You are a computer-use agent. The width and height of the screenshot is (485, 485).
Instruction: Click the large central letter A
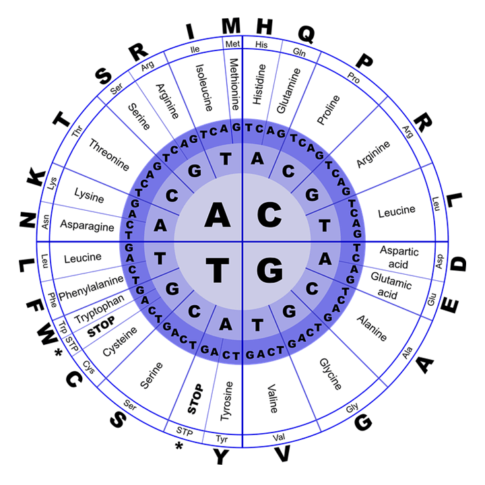[218, 215]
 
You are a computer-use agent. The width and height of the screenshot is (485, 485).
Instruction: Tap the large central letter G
[269, 271]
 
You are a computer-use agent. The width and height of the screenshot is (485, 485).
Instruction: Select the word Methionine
[235, 84]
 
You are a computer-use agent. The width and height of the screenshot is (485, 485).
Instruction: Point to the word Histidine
[259, 84]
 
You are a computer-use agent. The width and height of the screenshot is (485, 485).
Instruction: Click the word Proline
[329, 110]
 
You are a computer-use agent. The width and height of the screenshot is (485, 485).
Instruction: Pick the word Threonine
[109, 155]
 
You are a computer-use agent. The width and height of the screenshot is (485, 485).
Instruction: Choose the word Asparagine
[87, 225]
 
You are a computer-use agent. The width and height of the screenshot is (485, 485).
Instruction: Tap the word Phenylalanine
[91, 288]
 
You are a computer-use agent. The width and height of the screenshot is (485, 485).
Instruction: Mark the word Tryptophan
[99, 309]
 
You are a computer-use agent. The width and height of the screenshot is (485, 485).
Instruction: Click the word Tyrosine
[226, 401]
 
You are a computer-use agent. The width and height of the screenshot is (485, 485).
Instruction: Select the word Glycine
[331, 374]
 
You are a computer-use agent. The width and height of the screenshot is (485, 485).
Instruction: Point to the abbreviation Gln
[299, 52]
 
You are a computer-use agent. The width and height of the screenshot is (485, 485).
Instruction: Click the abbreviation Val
[279, 437]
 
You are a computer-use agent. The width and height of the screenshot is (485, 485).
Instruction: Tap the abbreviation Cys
[89, 367]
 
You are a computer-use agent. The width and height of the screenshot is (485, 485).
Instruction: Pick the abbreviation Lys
[52, 183]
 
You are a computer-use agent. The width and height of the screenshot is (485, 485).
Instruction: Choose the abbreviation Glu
[432, 299]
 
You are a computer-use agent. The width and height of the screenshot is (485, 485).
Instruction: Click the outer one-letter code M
[231, 26]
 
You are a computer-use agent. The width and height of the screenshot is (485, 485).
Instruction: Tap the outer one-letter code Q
[306, 34]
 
